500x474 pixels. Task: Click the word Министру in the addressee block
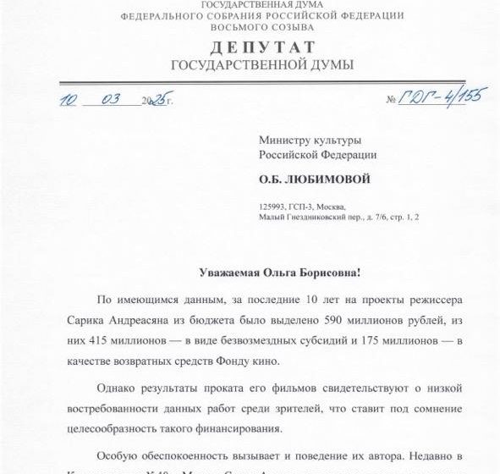286,138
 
